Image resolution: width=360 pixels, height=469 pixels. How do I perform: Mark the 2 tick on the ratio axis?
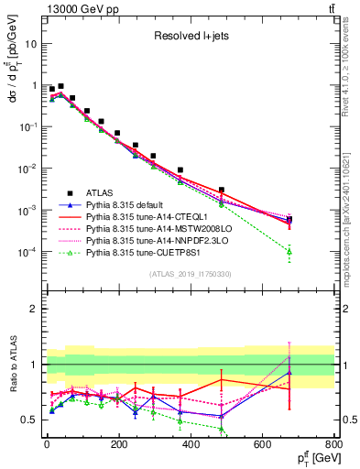pyautogui.click(x=33, y=309)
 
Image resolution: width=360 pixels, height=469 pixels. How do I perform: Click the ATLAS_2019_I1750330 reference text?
pyautogui.click(x=189, y=274)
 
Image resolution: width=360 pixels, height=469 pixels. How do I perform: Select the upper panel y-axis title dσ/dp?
pyautogui.click(x=13, y=92)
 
